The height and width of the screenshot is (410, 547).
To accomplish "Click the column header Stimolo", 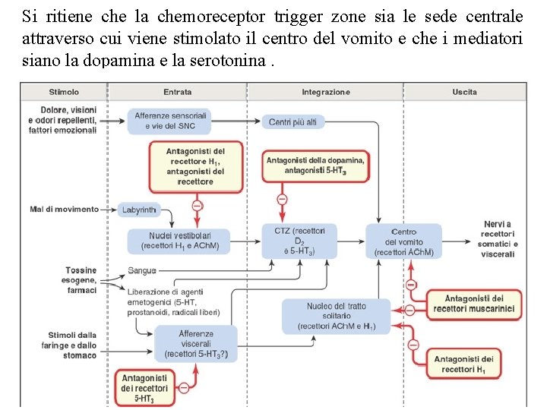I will click(64, 93).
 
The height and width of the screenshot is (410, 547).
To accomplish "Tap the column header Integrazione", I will click(326, 93).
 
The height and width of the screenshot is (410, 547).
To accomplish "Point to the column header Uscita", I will click(464, 93).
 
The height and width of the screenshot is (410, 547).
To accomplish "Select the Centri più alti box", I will click(292, 121).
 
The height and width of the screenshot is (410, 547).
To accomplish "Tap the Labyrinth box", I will click(138, 209).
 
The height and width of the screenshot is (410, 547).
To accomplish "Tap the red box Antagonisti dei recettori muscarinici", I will click(474, 304).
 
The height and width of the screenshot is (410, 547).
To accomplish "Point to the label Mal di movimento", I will click(65, 209).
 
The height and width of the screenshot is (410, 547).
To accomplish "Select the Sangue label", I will click(141, 270).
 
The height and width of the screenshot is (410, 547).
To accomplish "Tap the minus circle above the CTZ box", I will click(282, 199).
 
